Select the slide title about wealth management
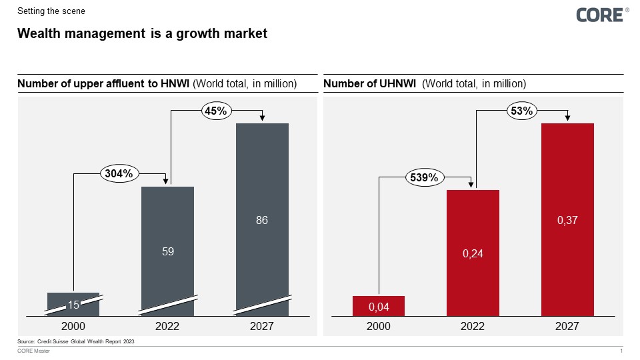(142, 33)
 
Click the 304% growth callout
(120, 174)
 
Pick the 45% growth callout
(216, 112)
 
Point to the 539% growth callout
(424, 178)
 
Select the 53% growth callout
(521, 111)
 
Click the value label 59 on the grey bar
(168, 252)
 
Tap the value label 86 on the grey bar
(262, 220)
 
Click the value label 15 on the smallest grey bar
(74, 305)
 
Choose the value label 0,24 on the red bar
(473, 253)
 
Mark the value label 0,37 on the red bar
(567, 220)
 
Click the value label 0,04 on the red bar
(378, 307)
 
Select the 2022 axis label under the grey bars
(168, 327)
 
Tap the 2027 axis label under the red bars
(567, 327)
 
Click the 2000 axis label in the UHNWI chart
(378, 327)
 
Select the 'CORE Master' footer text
(33, 351)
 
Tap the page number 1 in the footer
(621, 351)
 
